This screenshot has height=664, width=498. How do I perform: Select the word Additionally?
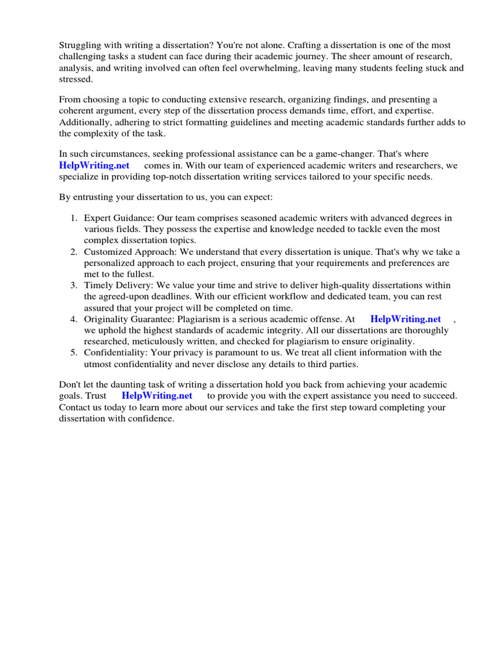(x=84, y=122)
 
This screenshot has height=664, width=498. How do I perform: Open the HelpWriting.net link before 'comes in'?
(x=95, y=165)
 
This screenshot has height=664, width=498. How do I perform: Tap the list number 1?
(x=74, y=217)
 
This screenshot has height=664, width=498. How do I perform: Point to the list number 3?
(x=74, y=285)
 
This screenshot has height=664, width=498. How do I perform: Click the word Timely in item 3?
(x=98, y=285)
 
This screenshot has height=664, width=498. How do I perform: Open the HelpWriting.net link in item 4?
(x=405, y=319)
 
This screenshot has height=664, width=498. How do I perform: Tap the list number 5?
(x=74, y=352)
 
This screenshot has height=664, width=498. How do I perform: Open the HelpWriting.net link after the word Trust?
(x=157, y=396)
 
